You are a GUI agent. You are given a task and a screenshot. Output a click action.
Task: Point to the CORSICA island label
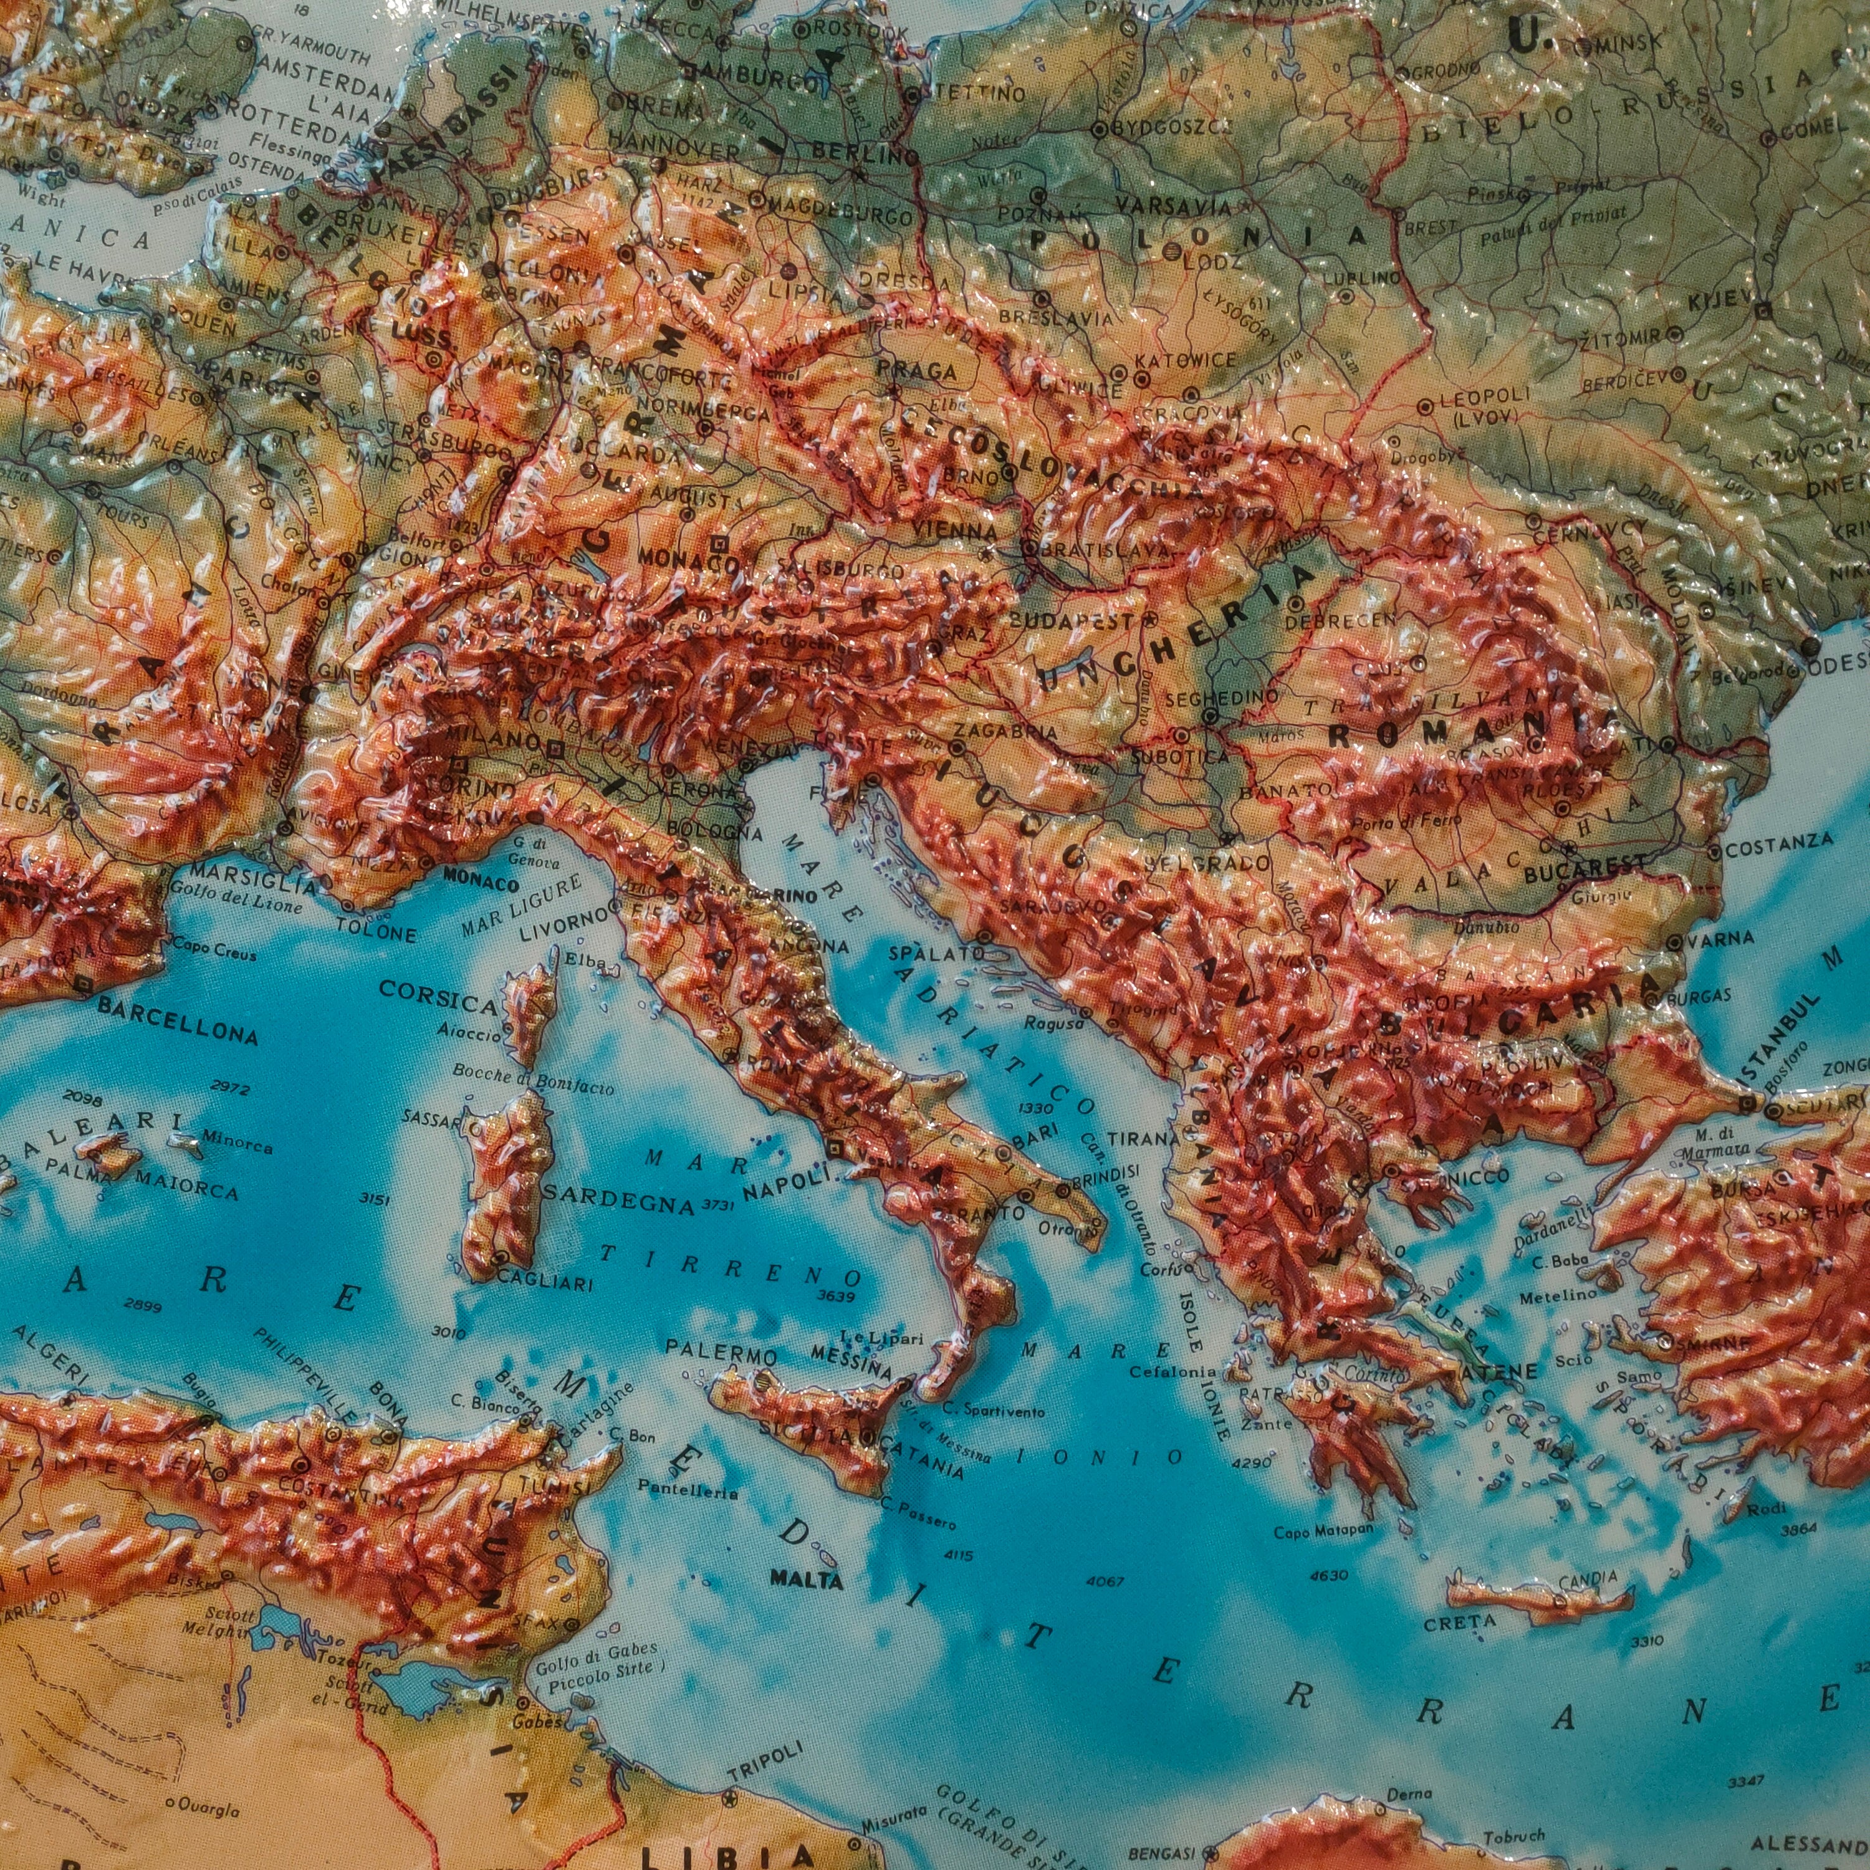tap(438, 993)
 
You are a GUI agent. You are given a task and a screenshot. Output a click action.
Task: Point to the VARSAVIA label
tap(1172, 206)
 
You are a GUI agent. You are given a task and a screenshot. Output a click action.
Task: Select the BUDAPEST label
tap(1073, 620)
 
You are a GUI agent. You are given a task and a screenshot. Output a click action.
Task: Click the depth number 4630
tap(1327, 1575)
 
